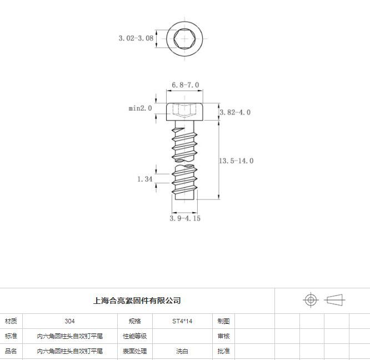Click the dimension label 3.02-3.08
[x=136, y=38]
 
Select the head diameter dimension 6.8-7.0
[x=185, y=85]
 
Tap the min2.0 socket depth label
[x=140, y=108]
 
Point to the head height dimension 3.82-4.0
[x=235, y=112]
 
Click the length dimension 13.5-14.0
[x=236, y=161]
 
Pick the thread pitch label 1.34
[x=144, y=179]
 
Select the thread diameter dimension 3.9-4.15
[x=185, y=218]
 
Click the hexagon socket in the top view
[x=184, y=39]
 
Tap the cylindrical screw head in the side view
[x=184, y=112]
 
